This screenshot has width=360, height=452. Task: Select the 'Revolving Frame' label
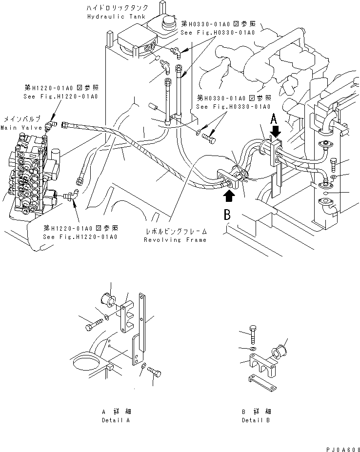click(175, 239)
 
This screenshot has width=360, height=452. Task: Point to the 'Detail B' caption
click(256, 420)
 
